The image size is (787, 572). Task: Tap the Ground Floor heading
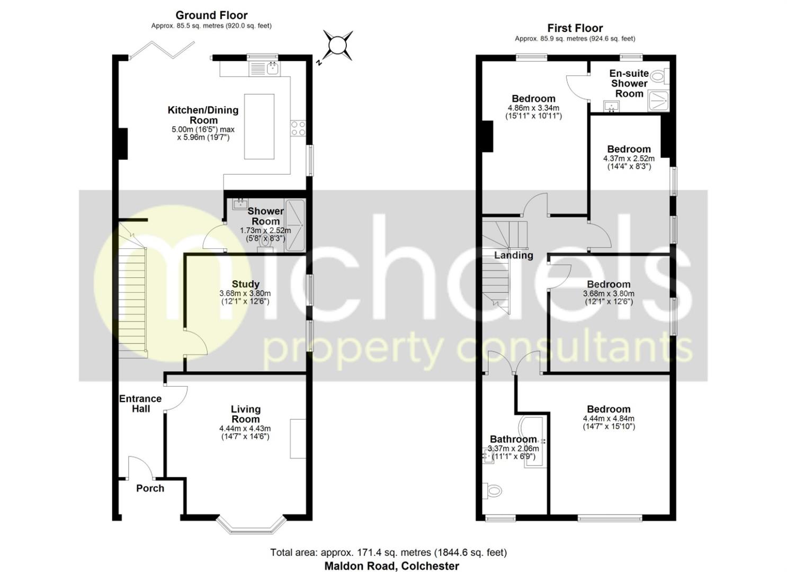(x=211, y=15)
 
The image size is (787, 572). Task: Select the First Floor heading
(x=575, y=28)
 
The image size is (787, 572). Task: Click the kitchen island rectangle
(x=259, y=126)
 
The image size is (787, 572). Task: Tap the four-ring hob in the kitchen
(x=298, y=129)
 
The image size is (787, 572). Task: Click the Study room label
(x=245, y=284)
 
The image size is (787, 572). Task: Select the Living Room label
(x=245, y=414)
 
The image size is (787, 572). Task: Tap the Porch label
(x=150, y=488)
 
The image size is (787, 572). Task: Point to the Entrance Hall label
(x=140, y=404)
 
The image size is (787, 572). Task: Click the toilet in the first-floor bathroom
(x=492, y=491)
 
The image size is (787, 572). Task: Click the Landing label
(x=513, y=255)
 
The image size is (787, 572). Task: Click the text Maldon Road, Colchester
(x=391, y=566)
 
